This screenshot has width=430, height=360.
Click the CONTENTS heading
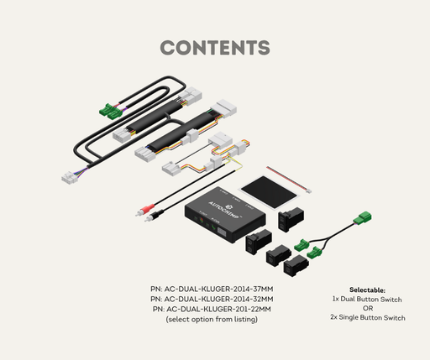(215, 48)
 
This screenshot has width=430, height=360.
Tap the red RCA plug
(144, 210)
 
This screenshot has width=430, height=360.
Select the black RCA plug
(154, 215)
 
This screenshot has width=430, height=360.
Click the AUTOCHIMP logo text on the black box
(223, 210)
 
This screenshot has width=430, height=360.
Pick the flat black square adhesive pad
(269, 192)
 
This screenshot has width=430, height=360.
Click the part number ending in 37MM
(212, 289)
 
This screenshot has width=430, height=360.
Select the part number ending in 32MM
(212, 299)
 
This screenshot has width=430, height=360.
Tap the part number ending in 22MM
(212, 309)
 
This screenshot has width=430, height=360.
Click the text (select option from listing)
(212, 319)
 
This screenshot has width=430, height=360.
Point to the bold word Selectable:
(367, 290)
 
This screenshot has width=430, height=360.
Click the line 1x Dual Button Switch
(367, 300)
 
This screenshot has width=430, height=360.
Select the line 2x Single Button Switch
(368, 317)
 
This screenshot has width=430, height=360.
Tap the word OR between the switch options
(368, 308)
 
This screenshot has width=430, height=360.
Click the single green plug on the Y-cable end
(363, 218)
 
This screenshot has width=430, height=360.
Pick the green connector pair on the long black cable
(111, 111)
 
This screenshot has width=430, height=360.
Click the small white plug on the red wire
(308, 191)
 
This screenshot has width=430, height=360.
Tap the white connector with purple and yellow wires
(69, 177)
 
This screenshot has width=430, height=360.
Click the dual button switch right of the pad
(291, 220)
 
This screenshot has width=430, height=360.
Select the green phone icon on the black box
(213, 227)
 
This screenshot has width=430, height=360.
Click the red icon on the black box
(201, 220)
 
